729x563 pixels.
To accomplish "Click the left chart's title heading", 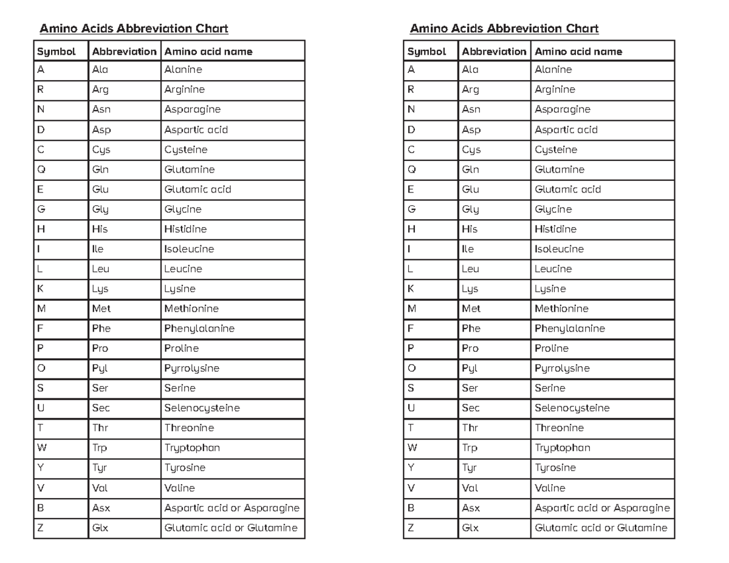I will click(x=134, y=29).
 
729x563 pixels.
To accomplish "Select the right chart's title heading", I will click(x=504, y=29).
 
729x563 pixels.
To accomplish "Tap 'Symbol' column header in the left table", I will click(x=56, y=52).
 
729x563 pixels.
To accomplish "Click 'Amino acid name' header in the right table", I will click(x=578, y=52).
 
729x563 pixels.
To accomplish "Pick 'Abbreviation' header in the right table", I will click(x=494, y=52).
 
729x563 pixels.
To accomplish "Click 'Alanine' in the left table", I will click(x=183, y=70).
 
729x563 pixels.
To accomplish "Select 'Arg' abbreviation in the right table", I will click(x=470, y=90).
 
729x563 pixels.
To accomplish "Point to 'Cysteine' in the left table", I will click(x=186, y=149).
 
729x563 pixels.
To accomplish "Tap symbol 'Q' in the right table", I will click(x=411, y=169).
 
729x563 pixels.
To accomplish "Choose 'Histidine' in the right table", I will click(x=555, y=229).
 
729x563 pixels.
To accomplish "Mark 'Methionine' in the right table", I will click(x=561, y=309).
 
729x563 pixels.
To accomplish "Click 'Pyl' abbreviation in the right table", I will click(x=470, y=368).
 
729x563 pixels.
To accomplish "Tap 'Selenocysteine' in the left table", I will click(x=202, y=408).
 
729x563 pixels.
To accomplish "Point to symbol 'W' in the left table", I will click(x=42, y=448).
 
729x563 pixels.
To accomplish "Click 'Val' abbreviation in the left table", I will click(x=100, y=488).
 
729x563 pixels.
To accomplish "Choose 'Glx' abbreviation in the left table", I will click(x=100, y=528).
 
